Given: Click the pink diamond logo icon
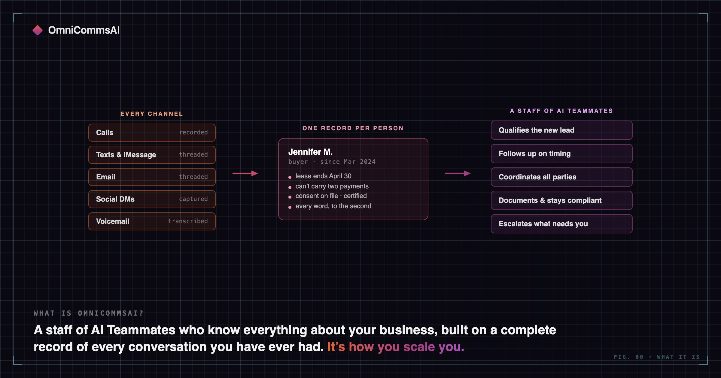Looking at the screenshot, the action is coord(38,30).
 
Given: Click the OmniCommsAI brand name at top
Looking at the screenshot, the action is coord(84,30).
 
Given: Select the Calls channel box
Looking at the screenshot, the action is coord(152,133).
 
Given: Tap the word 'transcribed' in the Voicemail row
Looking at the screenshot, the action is coord(188,221).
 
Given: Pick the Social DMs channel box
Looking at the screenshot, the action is coord(152,199).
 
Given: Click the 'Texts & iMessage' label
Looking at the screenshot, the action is coord(126,155).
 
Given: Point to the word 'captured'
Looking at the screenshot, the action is coord(193,199).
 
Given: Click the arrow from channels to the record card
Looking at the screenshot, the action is coord(245,173).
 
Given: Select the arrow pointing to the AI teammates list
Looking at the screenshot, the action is coord(458,173).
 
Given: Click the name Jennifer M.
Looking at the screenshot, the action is coord(310,152).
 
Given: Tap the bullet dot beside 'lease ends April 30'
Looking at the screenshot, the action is coord(290,177).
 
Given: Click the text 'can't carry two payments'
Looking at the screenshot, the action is coord(332,186).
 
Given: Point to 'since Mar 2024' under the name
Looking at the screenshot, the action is coord(348,162).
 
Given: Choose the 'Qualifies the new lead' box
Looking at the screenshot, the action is coord(562,130).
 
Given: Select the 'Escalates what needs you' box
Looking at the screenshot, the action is coord(562,224).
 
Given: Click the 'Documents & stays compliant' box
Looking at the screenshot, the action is coord(562,200).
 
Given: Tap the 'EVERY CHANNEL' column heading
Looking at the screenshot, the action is coord(152,114).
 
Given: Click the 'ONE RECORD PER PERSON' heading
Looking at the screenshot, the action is coord(353,128).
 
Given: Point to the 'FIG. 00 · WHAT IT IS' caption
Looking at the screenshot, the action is coord(657,357).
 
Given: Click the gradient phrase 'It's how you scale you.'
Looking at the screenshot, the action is coord(396,347).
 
